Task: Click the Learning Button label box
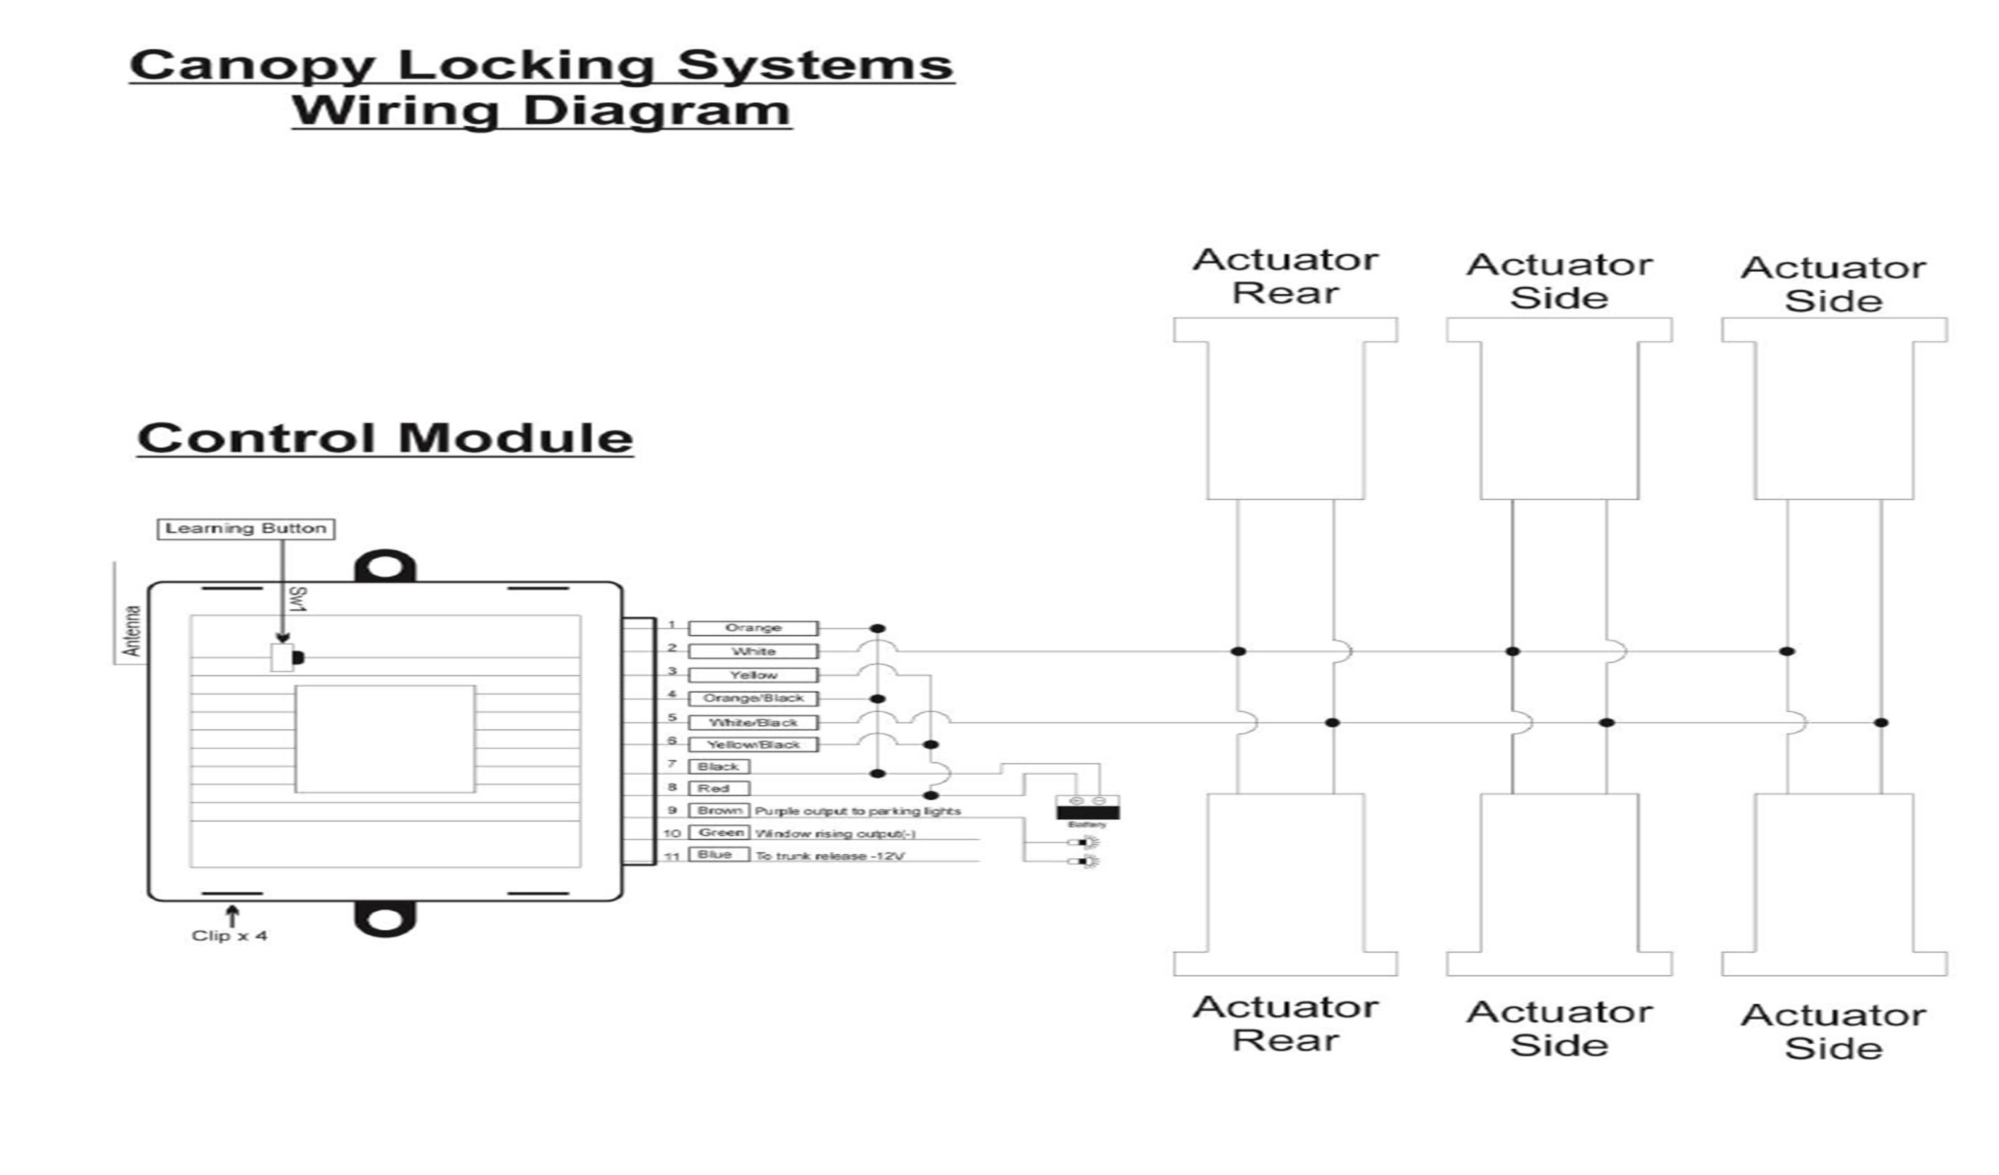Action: pos(246,529)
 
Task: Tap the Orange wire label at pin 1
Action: pos(753,628)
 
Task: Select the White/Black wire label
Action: pos(753,722)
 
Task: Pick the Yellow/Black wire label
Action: pos(753,744)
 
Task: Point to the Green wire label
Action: pos(718,832)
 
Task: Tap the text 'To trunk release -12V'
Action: pos(830,856)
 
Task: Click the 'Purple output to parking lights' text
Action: pos(857,811)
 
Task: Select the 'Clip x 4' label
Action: pos(229,937)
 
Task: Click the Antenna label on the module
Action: pos(133,631)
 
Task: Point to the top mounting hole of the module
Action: pos(384,568)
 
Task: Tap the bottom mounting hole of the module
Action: pos(384,920)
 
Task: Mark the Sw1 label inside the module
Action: pos(297,599)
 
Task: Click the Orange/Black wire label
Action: pos(753,699)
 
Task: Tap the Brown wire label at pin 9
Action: pos(718,810)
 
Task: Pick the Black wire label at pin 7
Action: pos(718,767)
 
